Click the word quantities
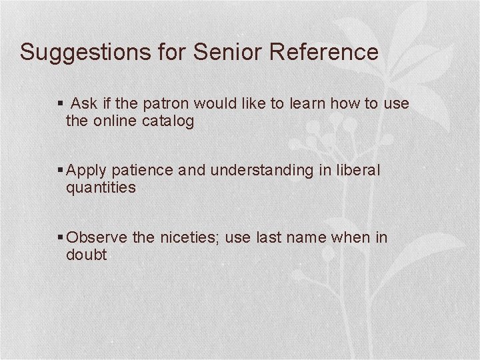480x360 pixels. click(x=101, y=188)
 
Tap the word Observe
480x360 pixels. click(x=92, y=237)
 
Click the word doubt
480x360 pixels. click(x=87, y=255)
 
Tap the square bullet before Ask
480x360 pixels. click(x=61, y=104)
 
